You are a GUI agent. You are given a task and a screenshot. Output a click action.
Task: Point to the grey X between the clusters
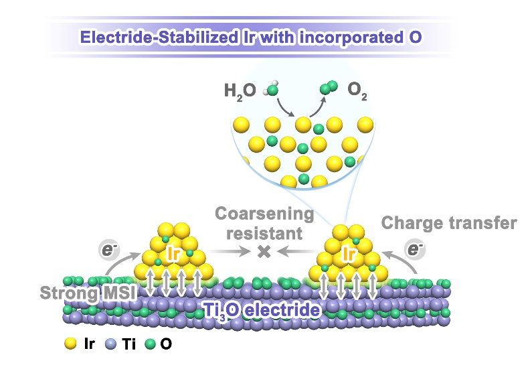pos(264,251)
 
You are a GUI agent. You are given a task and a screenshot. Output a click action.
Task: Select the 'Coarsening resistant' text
pos(264,224)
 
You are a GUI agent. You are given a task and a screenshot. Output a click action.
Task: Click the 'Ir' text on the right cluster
pos(348,254)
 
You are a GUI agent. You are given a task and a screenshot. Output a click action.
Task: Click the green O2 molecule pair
pos(328,87)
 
